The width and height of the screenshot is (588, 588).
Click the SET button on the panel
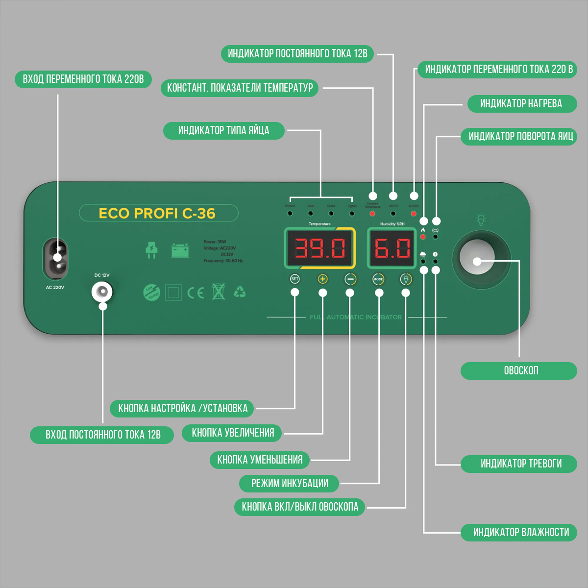tap(294, 279)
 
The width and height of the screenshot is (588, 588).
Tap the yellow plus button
tap(322, 279)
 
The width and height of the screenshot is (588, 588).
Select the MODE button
tap(378, 279)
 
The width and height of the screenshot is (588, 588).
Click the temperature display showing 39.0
tap(320, 248)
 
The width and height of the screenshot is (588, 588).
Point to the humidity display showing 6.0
tap(392, 248)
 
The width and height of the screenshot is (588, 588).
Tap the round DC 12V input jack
tap(102, 293)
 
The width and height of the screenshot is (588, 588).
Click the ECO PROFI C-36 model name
tap(157, 214)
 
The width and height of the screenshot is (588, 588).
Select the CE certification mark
tap(196, 293)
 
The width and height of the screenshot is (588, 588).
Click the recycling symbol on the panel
tap(240, 293)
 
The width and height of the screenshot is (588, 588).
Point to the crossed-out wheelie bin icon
tap(219, 292)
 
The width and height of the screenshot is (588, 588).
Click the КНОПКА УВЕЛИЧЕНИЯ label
tap(232, 433)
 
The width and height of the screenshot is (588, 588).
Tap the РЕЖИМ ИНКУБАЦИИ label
tap(289, 483)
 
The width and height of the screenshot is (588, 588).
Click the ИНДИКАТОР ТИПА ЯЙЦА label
tap(223, 131)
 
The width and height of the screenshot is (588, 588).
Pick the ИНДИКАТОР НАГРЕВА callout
tap(521, 103)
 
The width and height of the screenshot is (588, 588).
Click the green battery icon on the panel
tap(180, 250)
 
